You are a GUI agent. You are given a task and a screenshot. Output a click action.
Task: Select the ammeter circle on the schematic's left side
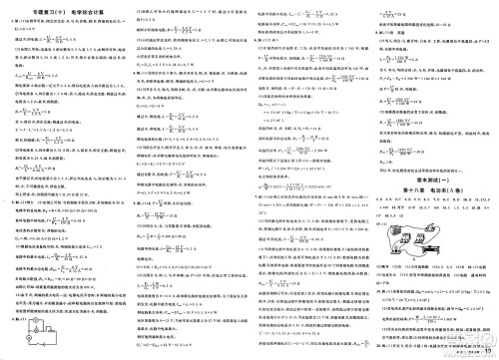click(18, 336)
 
